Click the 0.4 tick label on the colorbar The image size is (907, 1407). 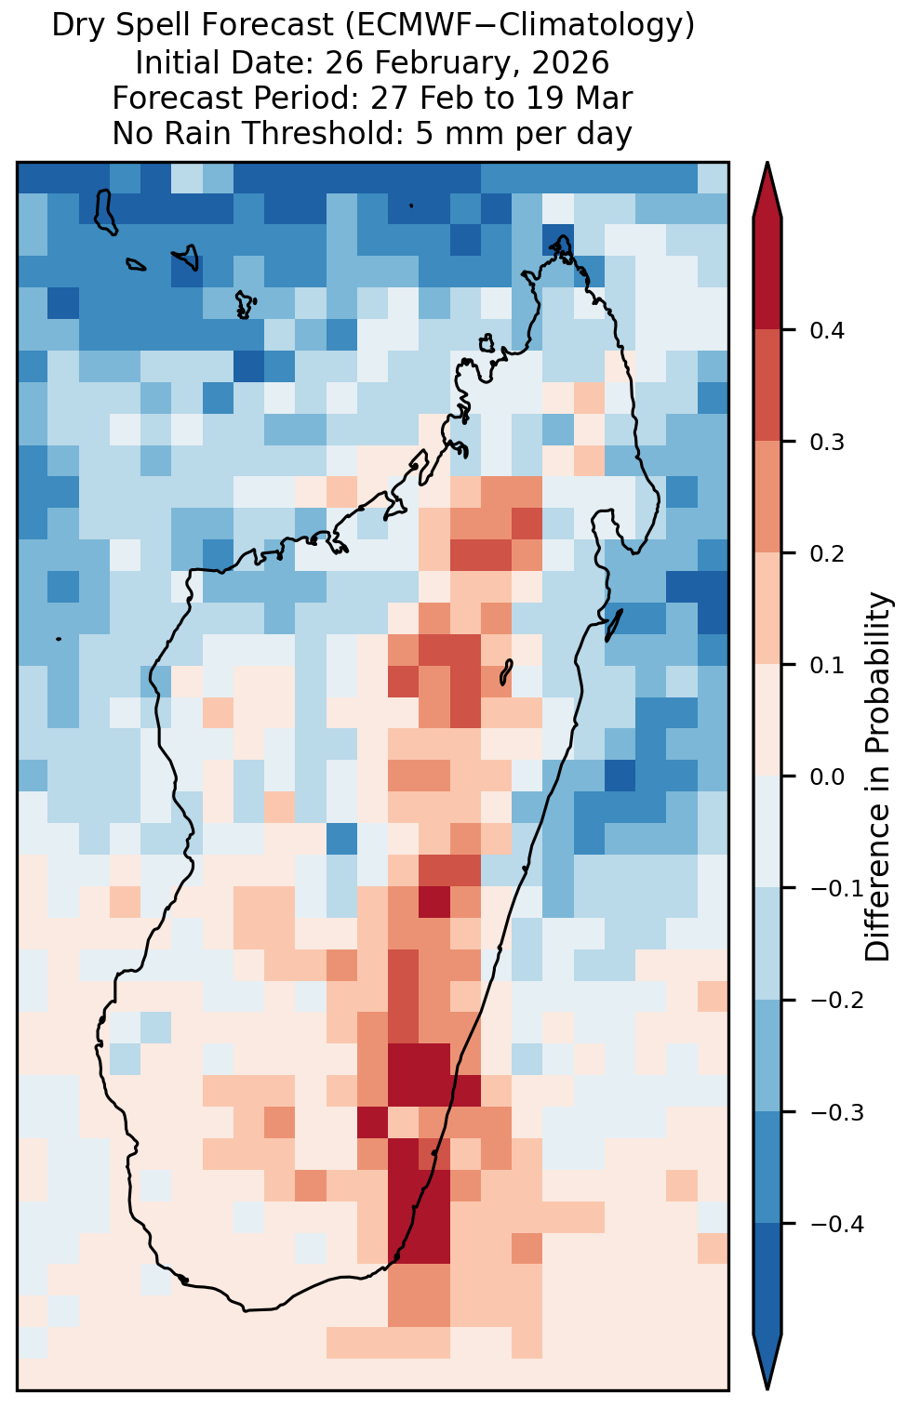[x=827, y=330]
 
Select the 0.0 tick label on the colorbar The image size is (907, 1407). [x=827, y=777]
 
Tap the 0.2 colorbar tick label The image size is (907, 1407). [x=827, y=554]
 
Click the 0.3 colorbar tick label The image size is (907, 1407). [x=827, y=443]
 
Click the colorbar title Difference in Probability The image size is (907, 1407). [x=878, y=777]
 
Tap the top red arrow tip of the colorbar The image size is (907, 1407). [x=767, y=163]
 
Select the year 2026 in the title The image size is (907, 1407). [x=571, y=63]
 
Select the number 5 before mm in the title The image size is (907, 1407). [x=423, y=134]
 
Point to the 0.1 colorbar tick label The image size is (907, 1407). [x=827, y=665]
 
